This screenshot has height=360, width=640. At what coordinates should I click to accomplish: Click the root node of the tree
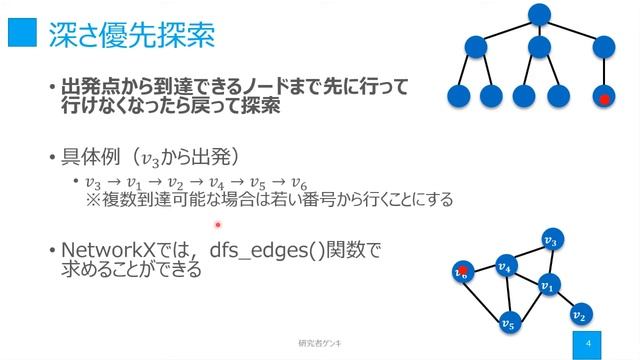click(540, 14)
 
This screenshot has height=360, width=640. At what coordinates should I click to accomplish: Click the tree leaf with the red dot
click(604, 98)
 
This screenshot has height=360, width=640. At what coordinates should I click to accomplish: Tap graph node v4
click(505, 266)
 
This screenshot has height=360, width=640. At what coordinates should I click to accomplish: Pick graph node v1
click(546, 286)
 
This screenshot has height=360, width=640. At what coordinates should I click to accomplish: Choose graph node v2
click(578, 316)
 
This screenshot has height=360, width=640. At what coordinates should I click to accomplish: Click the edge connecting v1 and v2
click(562, 301)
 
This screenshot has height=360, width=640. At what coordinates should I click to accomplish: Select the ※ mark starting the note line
click(94, 200)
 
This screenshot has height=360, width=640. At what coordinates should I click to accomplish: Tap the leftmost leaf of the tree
click(459, 97)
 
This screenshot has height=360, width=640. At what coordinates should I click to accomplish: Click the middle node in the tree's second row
click(540, 47)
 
